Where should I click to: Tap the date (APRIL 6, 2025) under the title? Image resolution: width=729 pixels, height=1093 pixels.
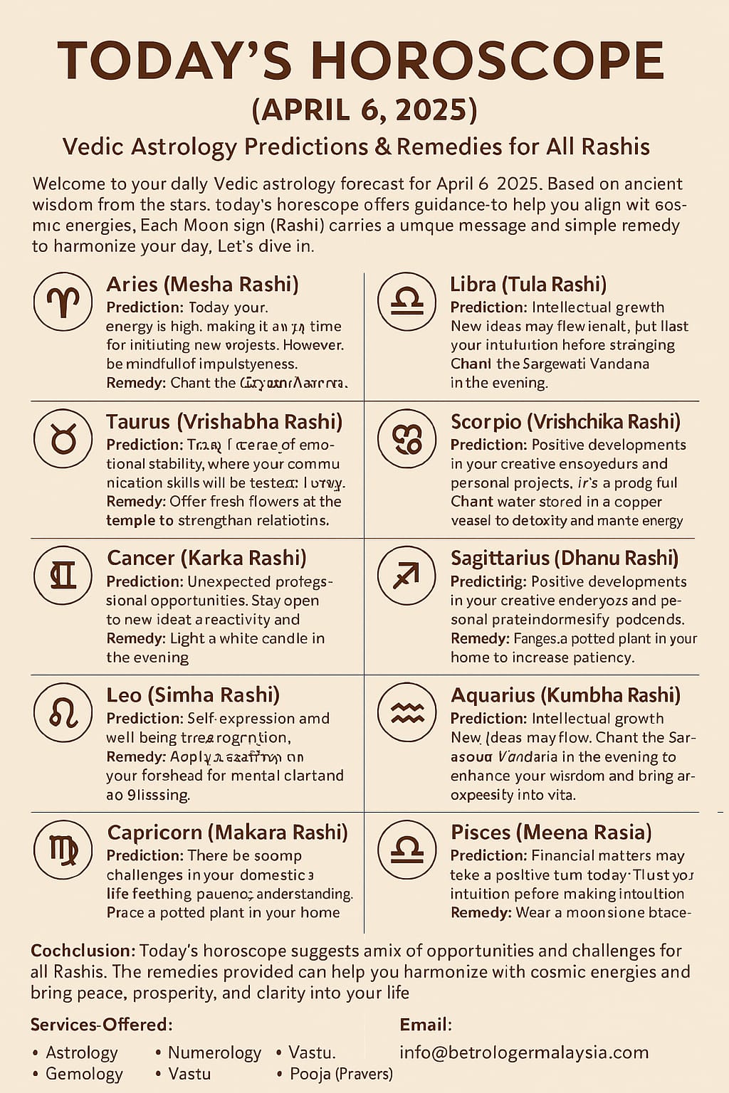pyautogui.click(x=364, y=110)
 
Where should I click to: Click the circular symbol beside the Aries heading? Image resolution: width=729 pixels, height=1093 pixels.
pyautogui.click(x=63, y=301)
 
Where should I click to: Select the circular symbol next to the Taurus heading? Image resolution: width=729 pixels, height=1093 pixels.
pyautogui.click(x=63, y=438)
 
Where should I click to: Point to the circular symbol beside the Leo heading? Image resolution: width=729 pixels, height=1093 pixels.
pyautogui.click(x=63, y=712)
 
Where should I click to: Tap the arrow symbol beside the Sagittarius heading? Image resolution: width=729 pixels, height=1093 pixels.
pyautogui.click(x=407, y=576)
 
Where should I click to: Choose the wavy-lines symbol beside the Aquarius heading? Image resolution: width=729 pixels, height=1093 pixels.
pyautogui.click(x=407, y=712)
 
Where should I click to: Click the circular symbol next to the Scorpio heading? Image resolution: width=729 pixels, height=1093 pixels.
pyautogui.click(x=407, y=438)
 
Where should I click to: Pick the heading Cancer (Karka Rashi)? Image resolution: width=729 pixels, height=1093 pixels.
pyautogui.click(x=206, y=558)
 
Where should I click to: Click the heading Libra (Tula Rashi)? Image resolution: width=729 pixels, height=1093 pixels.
pyautogui.click(x=528, y=285)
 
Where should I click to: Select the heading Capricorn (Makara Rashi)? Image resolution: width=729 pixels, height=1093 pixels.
pyautogui.click(x=227, y=832)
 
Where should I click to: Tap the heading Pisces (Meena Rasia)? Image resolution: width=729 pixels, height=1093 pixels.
pyautogui.click(x=551, y=832)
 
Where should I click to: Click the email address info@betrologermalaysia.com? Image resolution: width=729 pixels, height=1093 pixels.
pyautogui.click(x=524, y=1052)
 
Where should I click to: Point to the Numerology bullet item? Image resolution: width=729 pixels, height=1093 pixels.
pyautogui.click(x=214, y=1052)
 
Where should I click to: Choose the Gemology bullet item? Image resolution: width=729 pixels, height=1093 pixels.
pyautogui.click(x=84, y=1074)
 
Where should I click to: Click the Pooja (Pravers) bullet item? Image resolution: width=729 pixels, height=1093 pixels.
pyautogui.click(x=341, y=1074)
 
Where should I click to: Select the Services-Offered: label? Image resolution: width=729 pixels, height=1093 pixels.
pyautogui.click(x=101, y=1025)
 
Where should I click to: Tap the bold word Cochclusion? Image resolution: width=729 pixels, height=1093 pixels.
pyautogui.click(x=83, y=951)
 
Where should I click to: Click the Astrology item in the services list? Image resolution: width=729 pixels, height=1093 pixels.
pyautogui.click(x=81, y=1052)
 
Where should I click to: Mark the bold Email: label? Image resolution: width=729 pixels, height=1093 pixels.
pyautogui.click(x=426, y=1025)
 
